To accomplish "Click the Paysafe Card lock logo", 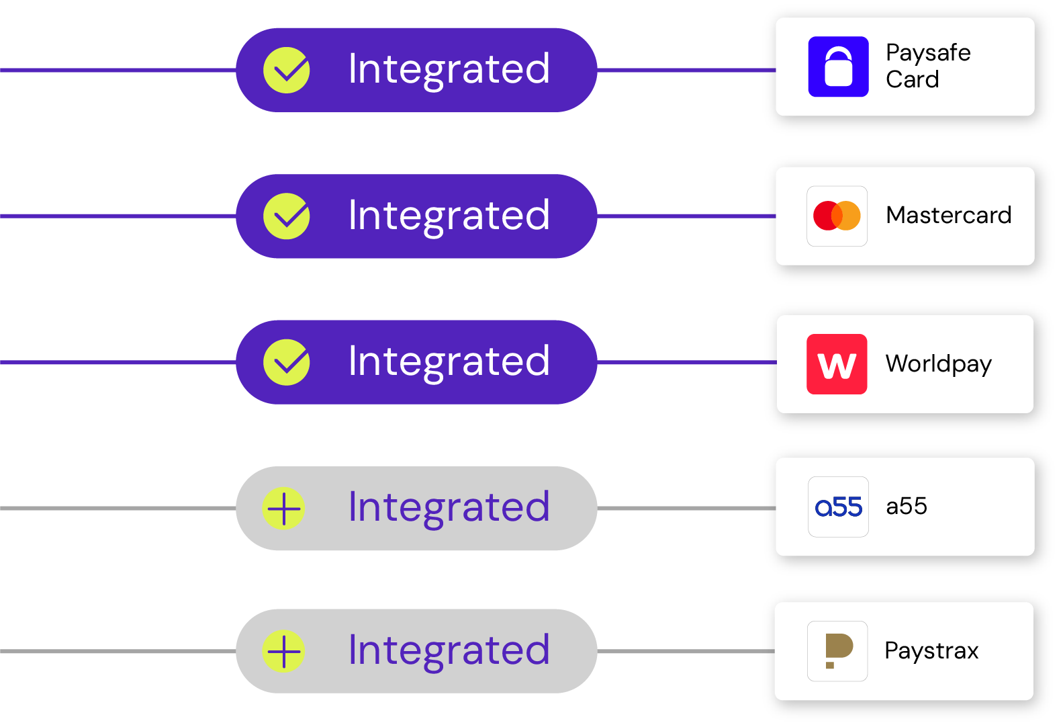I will [x=838, y=67].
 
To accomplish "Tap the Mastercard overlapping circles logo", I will [x=837, y=216].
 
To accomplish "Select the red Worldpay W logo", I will [x=837, y=364].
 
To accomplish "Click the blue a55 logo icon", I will [x=838, y=507].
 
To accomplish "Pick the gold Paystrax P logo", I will [x=837, y=651].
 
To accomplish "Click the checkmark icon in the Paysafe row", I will [x=287, y=70].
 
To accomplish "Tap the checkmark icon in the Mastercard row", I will [x=287, y=216].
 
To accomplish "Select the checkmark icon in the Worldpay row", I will [x=287, y=362].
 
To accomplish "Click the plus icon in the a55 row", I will [x=283, y=508].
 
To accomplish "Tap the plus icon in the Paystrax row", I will [x=283, y=651].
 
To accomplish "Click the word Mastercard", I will [x=948, y=215].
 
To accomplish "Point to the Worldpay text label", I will [x=938, y=363].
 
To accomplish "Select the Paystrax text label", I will [x=931, y=650].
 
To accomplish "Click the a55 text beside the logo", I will [x=907, y=506].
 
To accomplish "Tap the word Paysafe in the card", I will [x=928, y=53].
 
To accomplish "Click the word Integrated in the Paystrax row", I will [x=449, y=650].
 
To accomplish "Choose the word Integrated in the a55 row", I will [x=449, y=507].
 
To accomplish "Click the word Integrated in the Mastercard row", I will [x=449, y=216].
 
